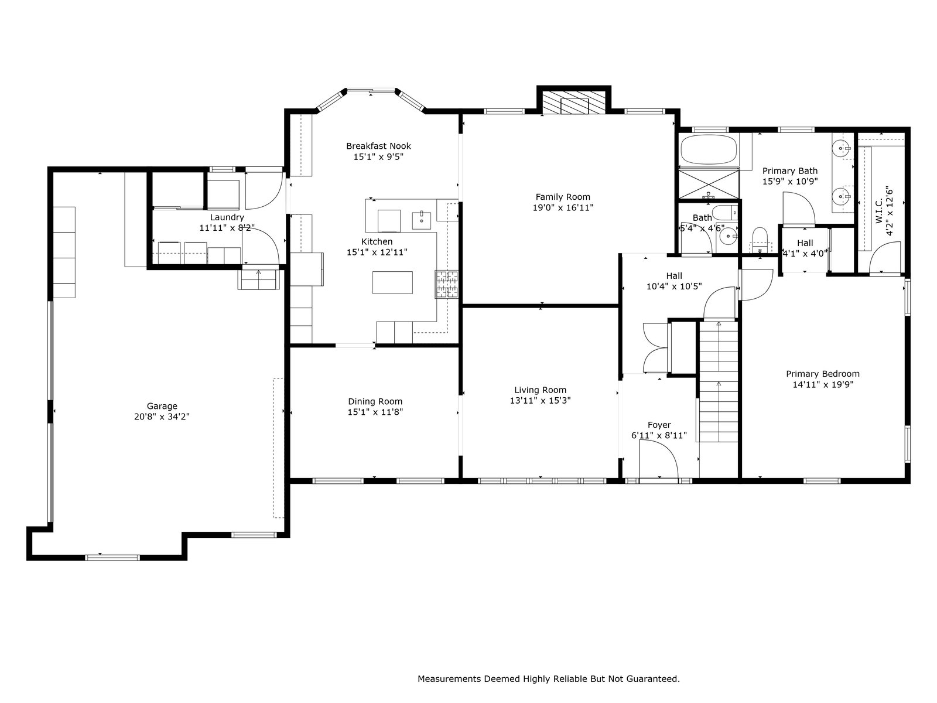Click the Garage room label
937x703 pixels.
162,406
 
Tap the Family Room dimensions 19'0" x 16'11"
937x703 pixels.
563,208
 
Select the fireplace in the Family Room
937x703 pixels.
574,103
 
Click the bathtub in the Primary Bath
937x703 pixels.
709,150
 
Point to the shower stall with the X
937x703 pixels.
709,183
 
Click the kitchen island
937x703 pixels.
392,282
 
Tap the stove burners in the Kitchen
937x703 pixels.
446,284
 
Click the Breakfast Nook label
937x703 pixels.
378,146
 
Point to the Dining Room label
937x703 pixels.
375,401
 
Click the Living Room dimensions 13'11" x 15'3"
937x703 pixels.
540,400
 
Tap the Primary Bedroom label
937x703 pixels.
823,374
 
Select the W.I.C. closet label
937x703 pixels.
879,210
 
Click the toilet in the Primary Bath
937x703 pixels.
760,240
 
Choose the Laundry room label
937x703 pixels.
227,218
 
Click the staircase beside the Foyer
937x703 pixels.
719,382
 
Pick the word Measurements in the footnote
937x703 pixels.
447,678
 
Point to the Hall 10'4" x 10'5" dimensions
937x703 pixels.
674,286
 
